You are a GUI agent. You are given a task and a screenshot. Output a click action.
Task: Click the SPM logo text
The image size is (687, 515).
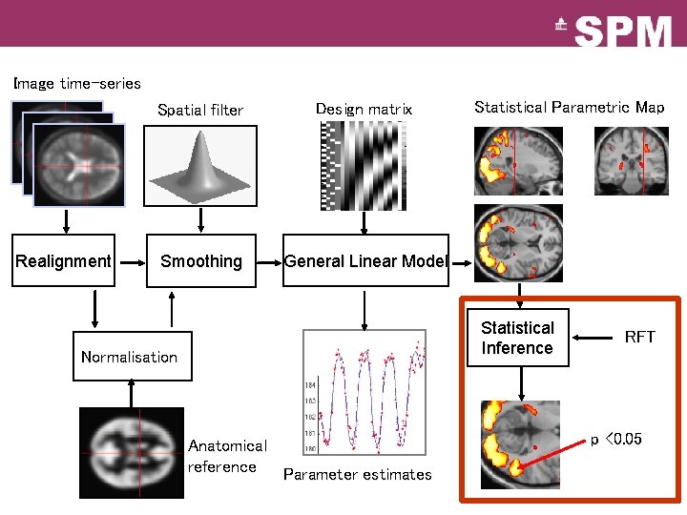624,31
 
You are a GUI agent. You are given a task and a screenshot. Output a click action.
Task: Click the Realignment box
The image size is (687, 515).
64,260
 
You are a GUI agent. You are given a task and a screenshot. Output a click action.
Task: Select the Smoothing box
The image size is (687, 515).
201,260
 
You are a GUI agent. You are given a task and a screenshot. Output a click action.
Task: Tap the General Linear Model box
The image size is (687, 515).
365,260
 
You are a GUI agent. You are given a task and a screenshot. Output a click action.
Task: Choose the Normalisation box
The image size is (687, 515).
132,356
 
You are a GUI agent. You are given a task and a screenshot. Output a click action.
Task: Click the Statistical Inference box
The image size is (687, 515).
517,338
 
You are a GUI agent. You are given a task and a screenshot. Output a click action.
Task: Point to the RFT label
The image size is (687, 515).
639,337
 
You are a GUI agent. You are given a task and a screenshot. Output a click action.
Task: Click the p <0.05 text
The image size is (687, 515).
615,439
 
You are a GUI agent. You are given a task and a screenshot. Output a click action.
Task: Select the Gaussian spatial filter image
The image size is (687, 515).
200,165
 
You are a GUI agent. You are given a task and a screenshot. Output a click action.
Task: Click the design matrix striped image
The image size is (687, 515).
363,165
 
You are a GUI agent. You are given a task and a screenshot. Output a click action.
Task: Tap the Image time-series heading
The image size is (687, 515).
76,84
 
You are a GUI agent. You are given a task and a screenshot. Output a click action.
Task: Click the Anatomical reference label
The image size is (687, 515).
226,456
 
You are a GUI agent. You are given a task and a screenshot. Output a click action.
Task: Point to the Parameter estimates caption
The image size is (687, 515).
357,474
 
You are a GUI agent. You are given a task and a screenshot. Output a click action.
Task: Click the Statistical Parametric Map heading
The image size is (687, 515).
569,107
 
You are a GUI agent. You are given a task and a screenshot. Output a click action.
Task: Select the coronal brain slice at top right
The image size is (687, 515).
631,159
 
